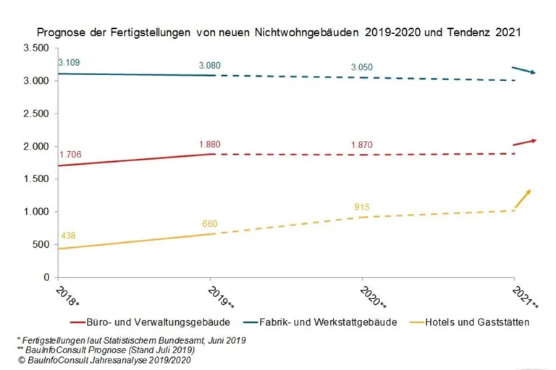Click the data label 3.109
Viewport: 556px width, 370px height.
click(69, 63)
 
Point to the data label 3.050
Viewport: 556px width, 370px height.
click(362, 67)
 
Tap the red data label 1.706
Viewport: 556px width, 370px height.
click(70, 155)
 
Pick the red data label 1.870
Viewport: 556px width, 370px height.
click(362, 145)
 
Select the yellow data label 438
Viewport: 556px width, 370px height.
click(68, 236)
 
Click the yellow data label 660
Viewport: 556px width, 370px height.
click(211, 223)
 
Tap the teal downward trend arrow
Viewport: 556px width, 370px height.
click(523, 69)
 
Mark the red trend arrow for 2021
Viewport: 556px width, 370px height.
click(524, 142)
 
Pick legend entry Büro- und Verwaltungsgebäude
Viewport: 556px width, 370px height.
click(159, 321)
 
